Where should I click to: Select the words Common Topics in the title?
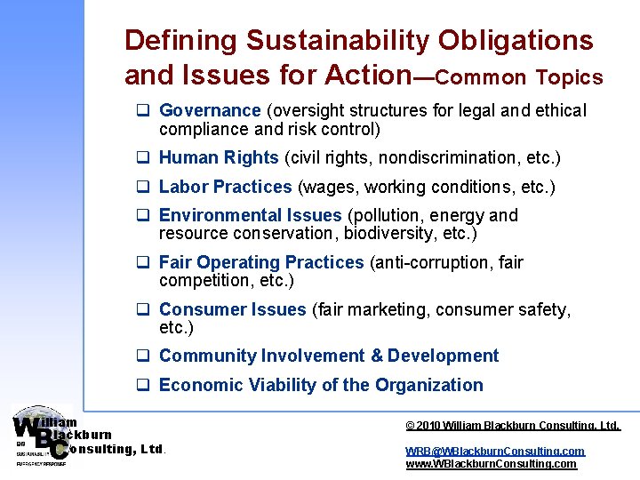[519, 78]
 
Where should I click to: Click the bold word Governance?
[210, 110]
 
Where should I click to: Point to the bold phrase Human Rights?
[219, 157]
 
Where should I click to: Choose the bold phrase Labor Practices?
[225, 187]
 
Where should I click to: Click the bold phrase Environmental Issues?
[250, 215]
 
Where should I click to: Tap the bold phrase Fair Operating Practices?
[261, 262]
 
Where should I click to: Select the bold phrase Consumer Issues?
[232, 309]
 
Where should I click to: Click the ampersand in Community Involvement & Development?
[376, 356]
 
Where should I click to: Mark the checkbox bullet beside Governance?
[141, 111]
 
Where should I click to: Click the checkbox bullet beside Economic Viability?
[141, 386]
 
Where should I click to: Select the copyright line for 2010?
[512, 426]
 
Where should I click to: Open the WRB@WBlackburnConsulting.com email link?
[495, 451]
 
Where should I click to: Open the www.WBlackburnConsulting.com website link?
[491, 463]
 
